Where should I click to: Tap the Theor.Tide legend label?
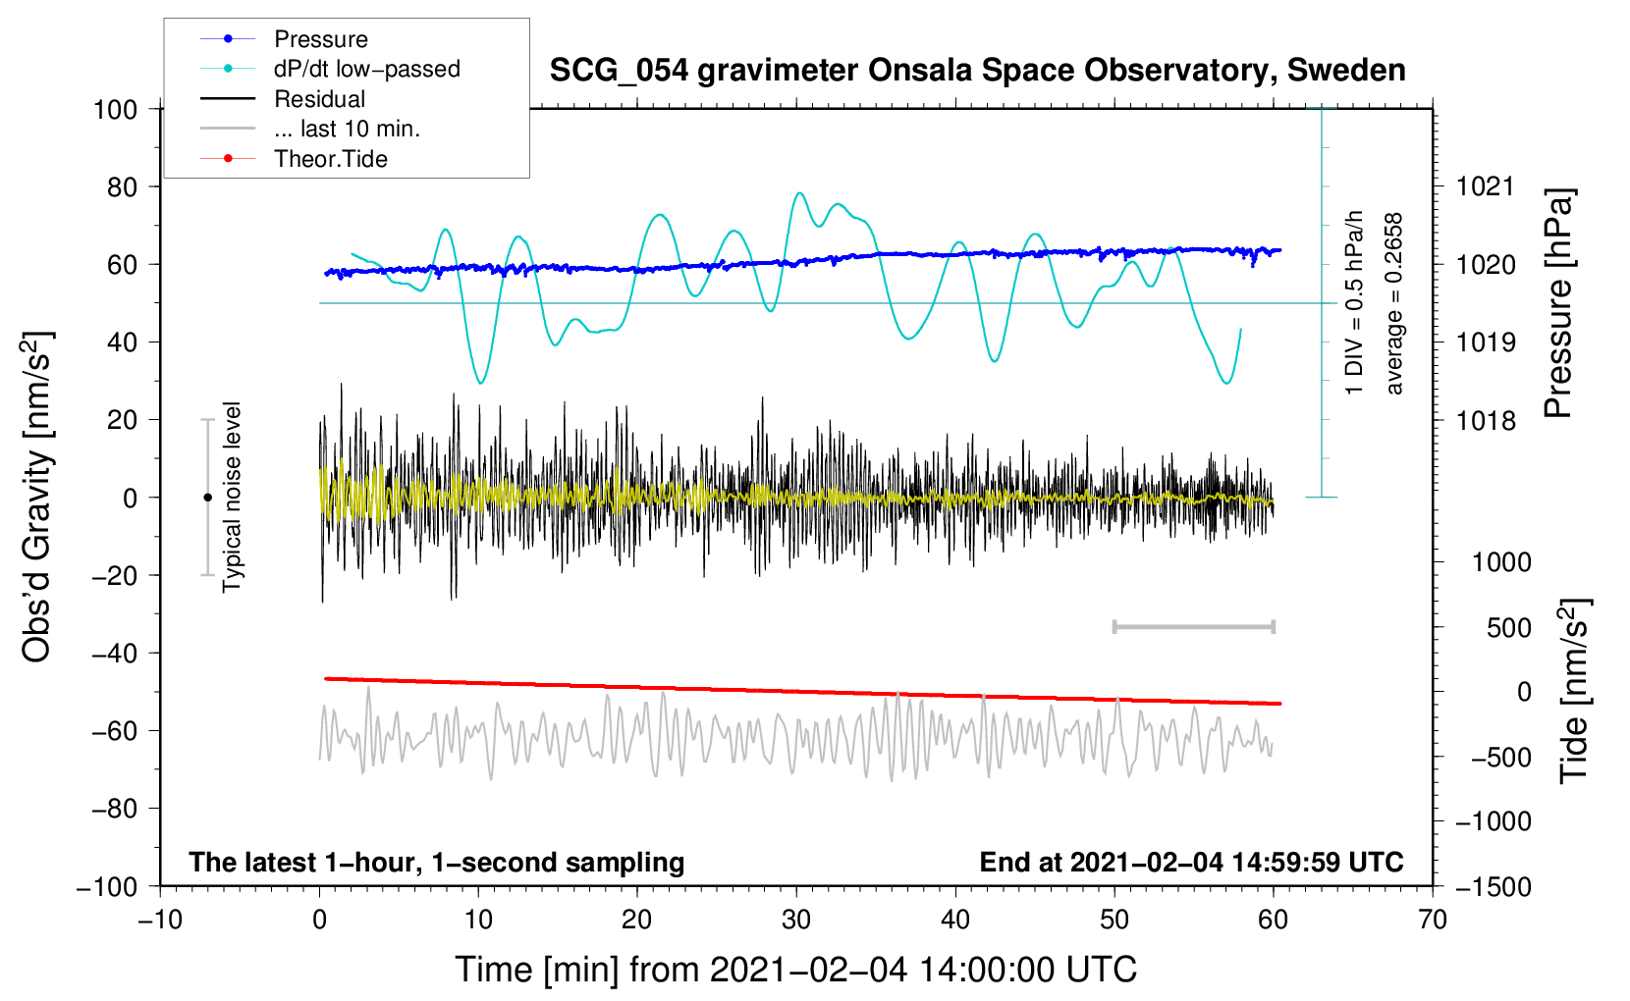coord(330,159)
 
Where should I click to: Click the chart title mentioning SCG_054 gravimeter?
coord(977,70)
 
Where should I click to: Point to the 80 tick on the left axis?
coord(122,187)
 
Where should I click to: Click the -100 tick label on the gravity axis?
coord(107,887)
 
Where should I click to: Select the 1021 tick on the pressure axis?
coord(1486,187)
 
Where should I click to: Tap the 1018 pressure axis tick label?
coord(1486,420)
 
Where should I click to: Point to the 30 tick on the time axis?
coord(796,920)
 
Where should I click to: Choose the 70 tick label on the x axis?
coord(1432,920)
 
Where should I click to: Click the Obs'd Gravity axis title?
coord(36,497)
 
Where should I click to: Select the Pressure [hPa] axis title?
coord(1558,303)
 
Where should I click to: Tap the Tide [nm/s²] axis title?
coord(1574,691)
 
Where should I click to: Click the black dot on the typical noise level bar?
coord(207,498)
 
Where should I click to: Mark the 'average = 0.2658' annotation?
coord(1392,304)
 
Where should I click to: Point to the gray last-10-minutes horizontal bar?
coord(1193,626)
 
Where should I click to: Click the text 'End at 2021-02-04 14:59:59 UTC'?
coord(1191,862)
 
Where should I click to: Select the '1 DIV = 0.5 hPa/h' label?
coord(1353,303)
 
